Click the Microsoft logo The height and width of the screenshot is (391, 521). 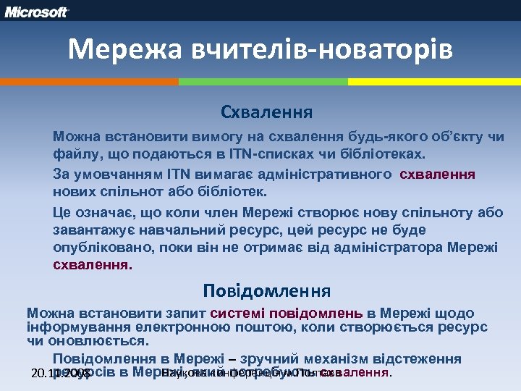pyautogui.click(x=37, y=12)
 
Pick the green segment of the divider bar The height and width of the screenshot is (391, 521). pyautogui.click(x=263, y=82)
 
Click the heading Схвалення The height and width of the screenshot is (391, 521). pyautogui.click(x=267, y=113)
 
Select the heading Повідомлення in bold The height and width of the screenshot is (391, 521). pyautogui.click(x=267, y=292)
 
